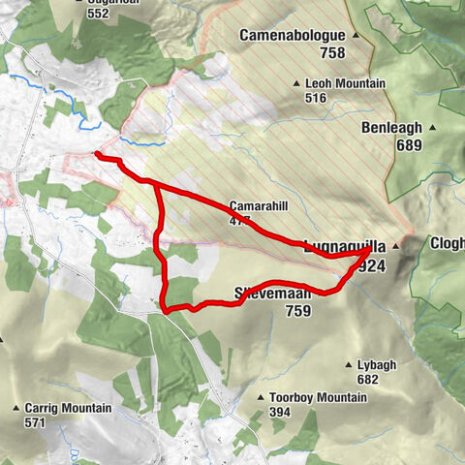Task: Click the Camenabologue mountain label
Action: pyautogui.click(x=294, y=36)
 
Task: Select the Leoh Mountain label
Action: pyautogui.click(x=345, y=84)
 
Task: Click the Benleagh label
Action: pyautogui.click(x=395, y=128)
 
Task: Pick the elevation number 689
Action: pyautogui.click(x=411, y=145)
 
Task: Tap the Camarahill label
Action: pyautogui.click(x=255, y=206)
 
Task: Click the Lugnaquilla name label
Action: pyautogui.click(x=335, y=246)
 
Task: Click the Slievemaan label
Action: pyautogui.click(x=272, y=293)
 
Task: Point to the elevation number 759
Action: pyautogui.click(x=300, y=311)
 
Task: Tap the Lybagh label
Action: pyautogui.click(x=377, y=364)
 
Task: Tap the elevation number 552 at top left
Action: pyautogui.click(x=97, y=15)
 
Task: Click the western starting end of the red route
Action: pyautogui.click(x=97, y=153)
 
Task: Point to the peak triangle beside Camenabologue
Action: pyautogui.click(x=356, y=37)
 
